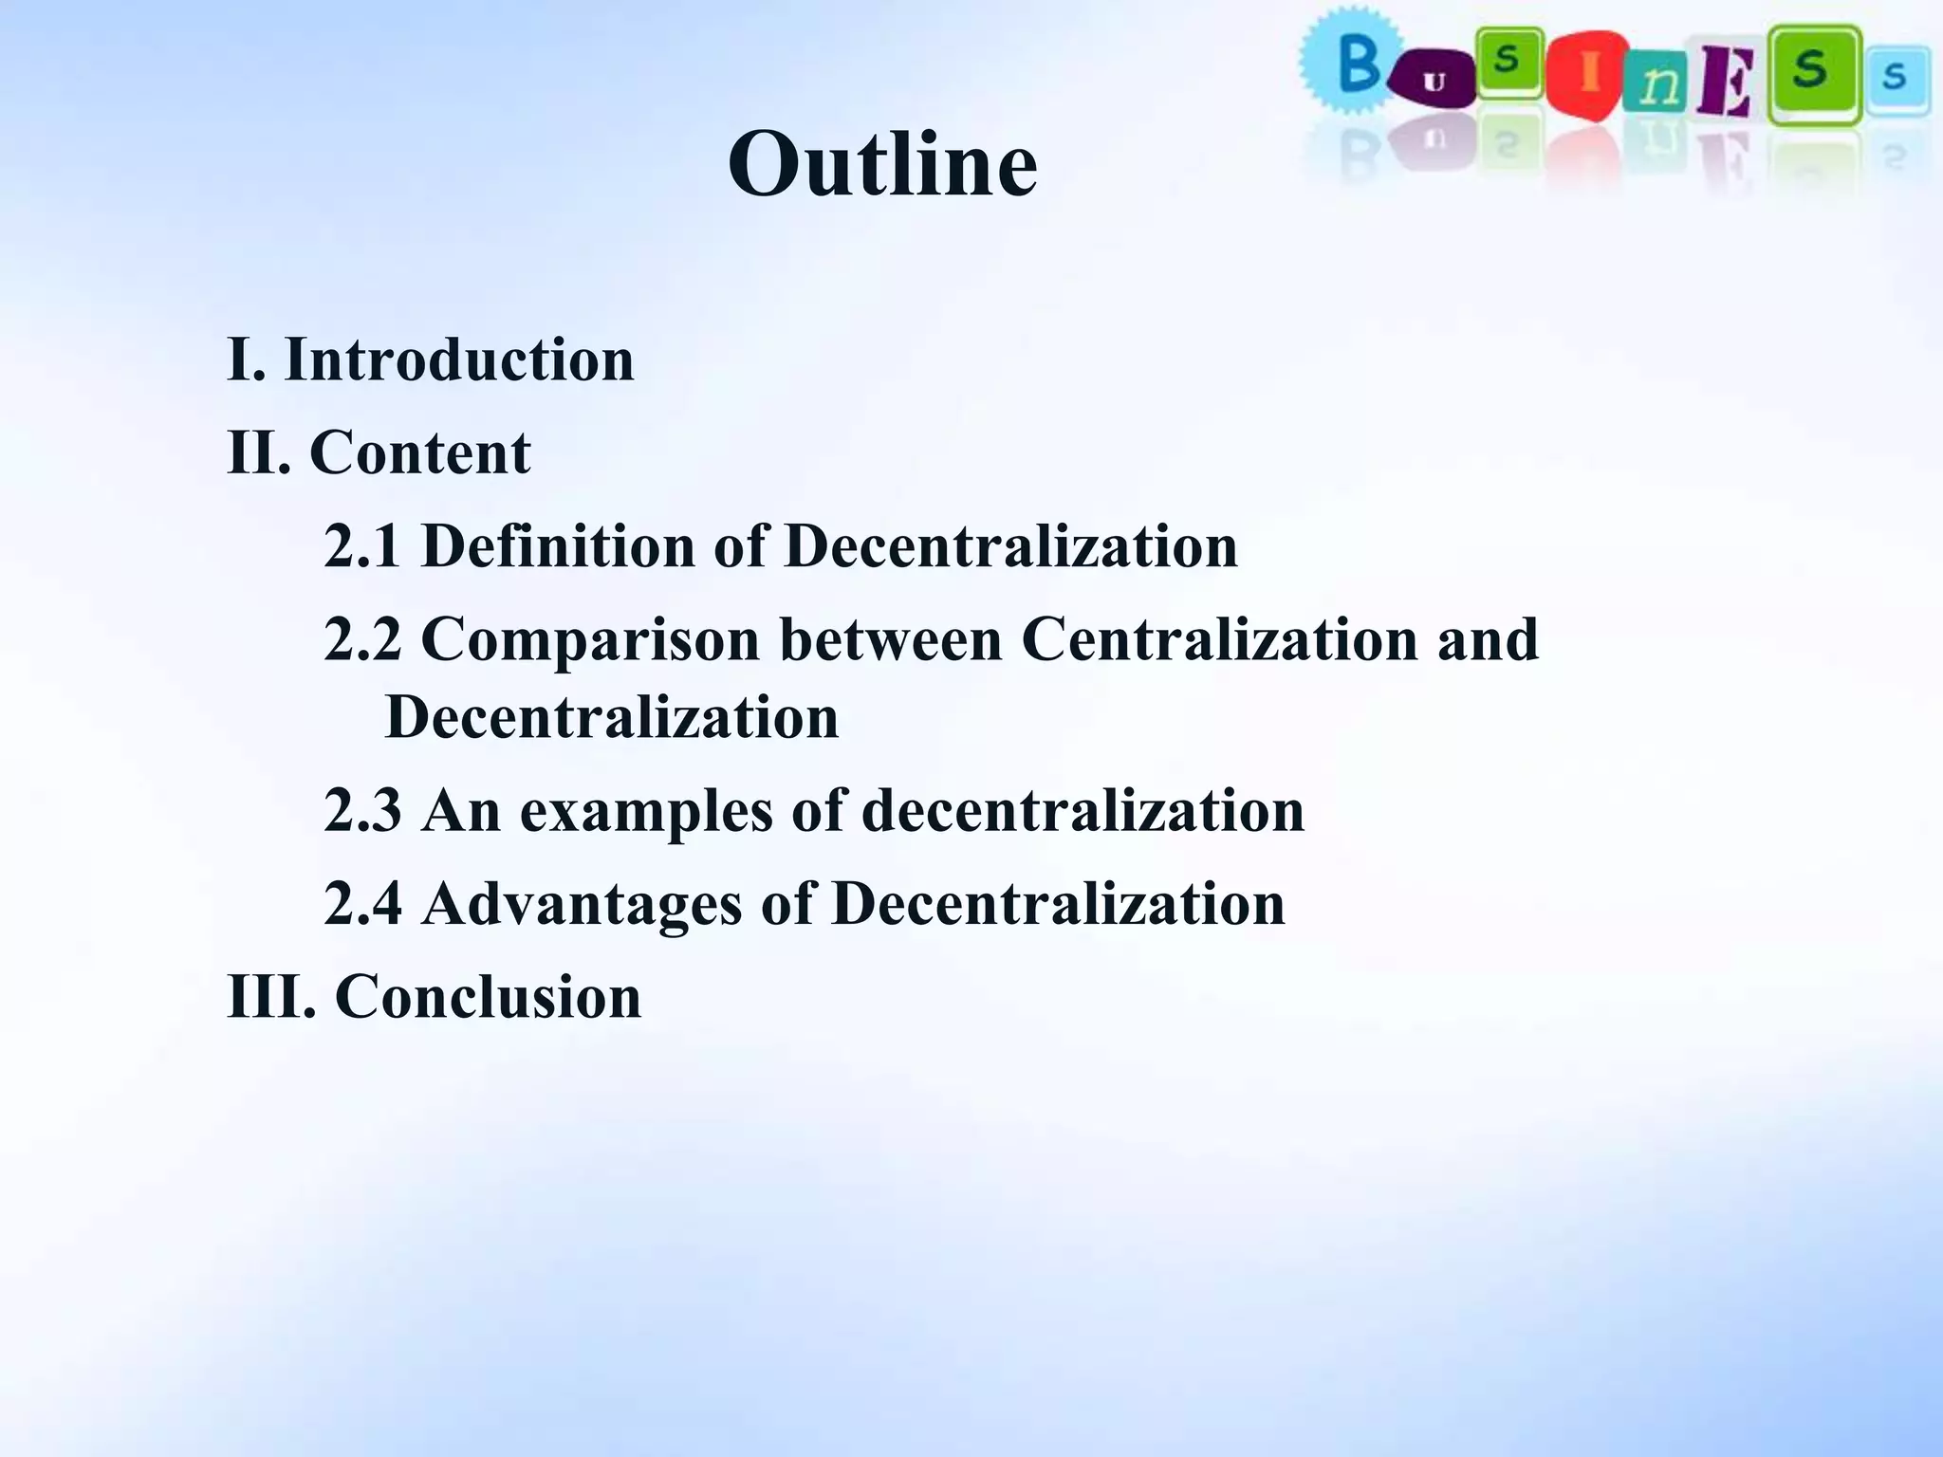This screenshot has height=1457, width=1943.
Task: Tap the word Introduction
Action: click(459, 360)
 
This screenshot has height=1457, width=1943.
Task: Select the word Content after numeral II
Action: click(419, 452)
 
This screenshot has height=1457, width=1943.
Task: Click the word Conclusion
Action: click(488, 997)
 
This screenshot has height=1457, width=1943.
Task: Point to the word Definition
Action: click(558, 546)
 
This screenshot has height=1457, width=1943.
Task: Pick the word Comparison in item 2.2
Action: click(590, 639)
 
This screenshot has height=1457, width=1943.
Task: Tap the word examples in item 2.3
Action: click(646, 811)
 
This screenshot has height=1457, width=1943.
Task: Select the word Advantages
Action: click(582, 903)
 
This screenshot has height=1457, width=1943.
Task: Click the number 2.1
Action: click(362, 546)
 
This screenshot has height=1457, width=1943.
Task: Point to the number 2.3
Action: click(362, 811)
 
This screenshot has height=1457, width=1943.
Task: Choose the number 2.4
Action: click(362, 903)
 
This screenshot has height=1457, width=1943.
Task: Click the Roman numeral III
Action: click(271, 997)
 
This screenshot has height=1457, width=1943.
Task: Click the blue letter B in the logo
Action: click(1358, 65)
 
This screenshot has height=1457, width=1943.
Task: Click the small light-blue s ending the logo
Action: click(1895, 75)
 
